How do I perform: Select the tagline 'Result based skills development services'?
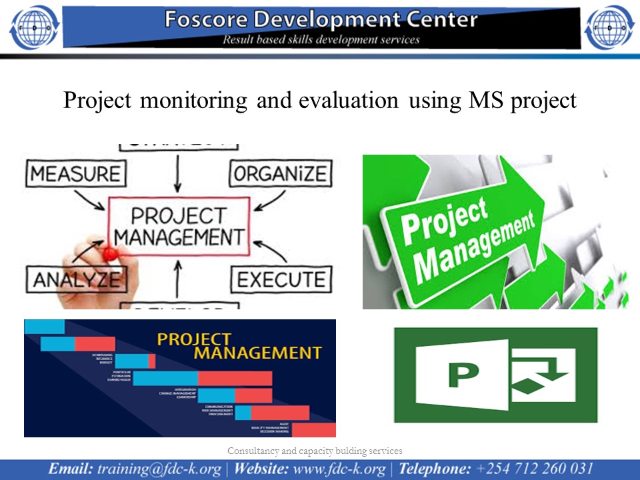(x=321, y=39)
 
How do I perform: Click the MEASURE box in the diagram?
(x=75, y=174)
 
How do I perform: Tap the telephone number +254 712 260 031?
(x=533, y=469)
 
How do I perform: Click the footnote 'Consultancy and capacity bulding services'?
(x=315, y=451)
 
